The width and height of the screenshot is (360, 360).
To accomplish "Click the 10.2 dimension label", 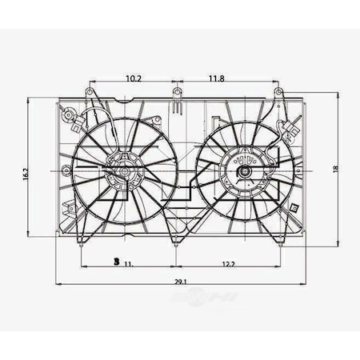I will [134, 78].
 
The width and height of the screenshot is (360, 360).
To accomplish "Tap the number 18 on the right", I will [336, 168].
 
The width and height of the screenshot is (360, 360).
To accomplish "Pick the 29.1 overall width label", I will [179, 282].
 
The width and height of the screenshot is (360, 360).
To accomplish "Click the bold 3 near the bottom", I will [117, 262].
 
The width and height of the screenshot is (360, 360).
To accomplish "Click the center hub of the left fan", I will [125, 170].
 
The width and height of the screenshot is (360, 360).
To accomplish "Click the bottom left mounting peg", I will [82, 243].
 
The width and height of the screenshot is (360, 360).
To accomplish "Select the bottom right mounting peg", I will [281, 243].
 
